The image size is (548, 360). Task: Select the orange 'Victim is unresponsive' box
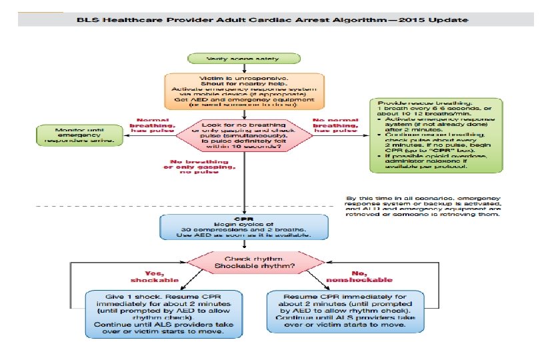click(244, 91)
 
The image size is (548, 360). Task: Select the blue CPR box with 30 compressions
click(245, 227)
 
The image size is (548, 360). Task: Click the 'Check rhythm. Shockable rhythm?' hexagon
click(245, 262)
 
